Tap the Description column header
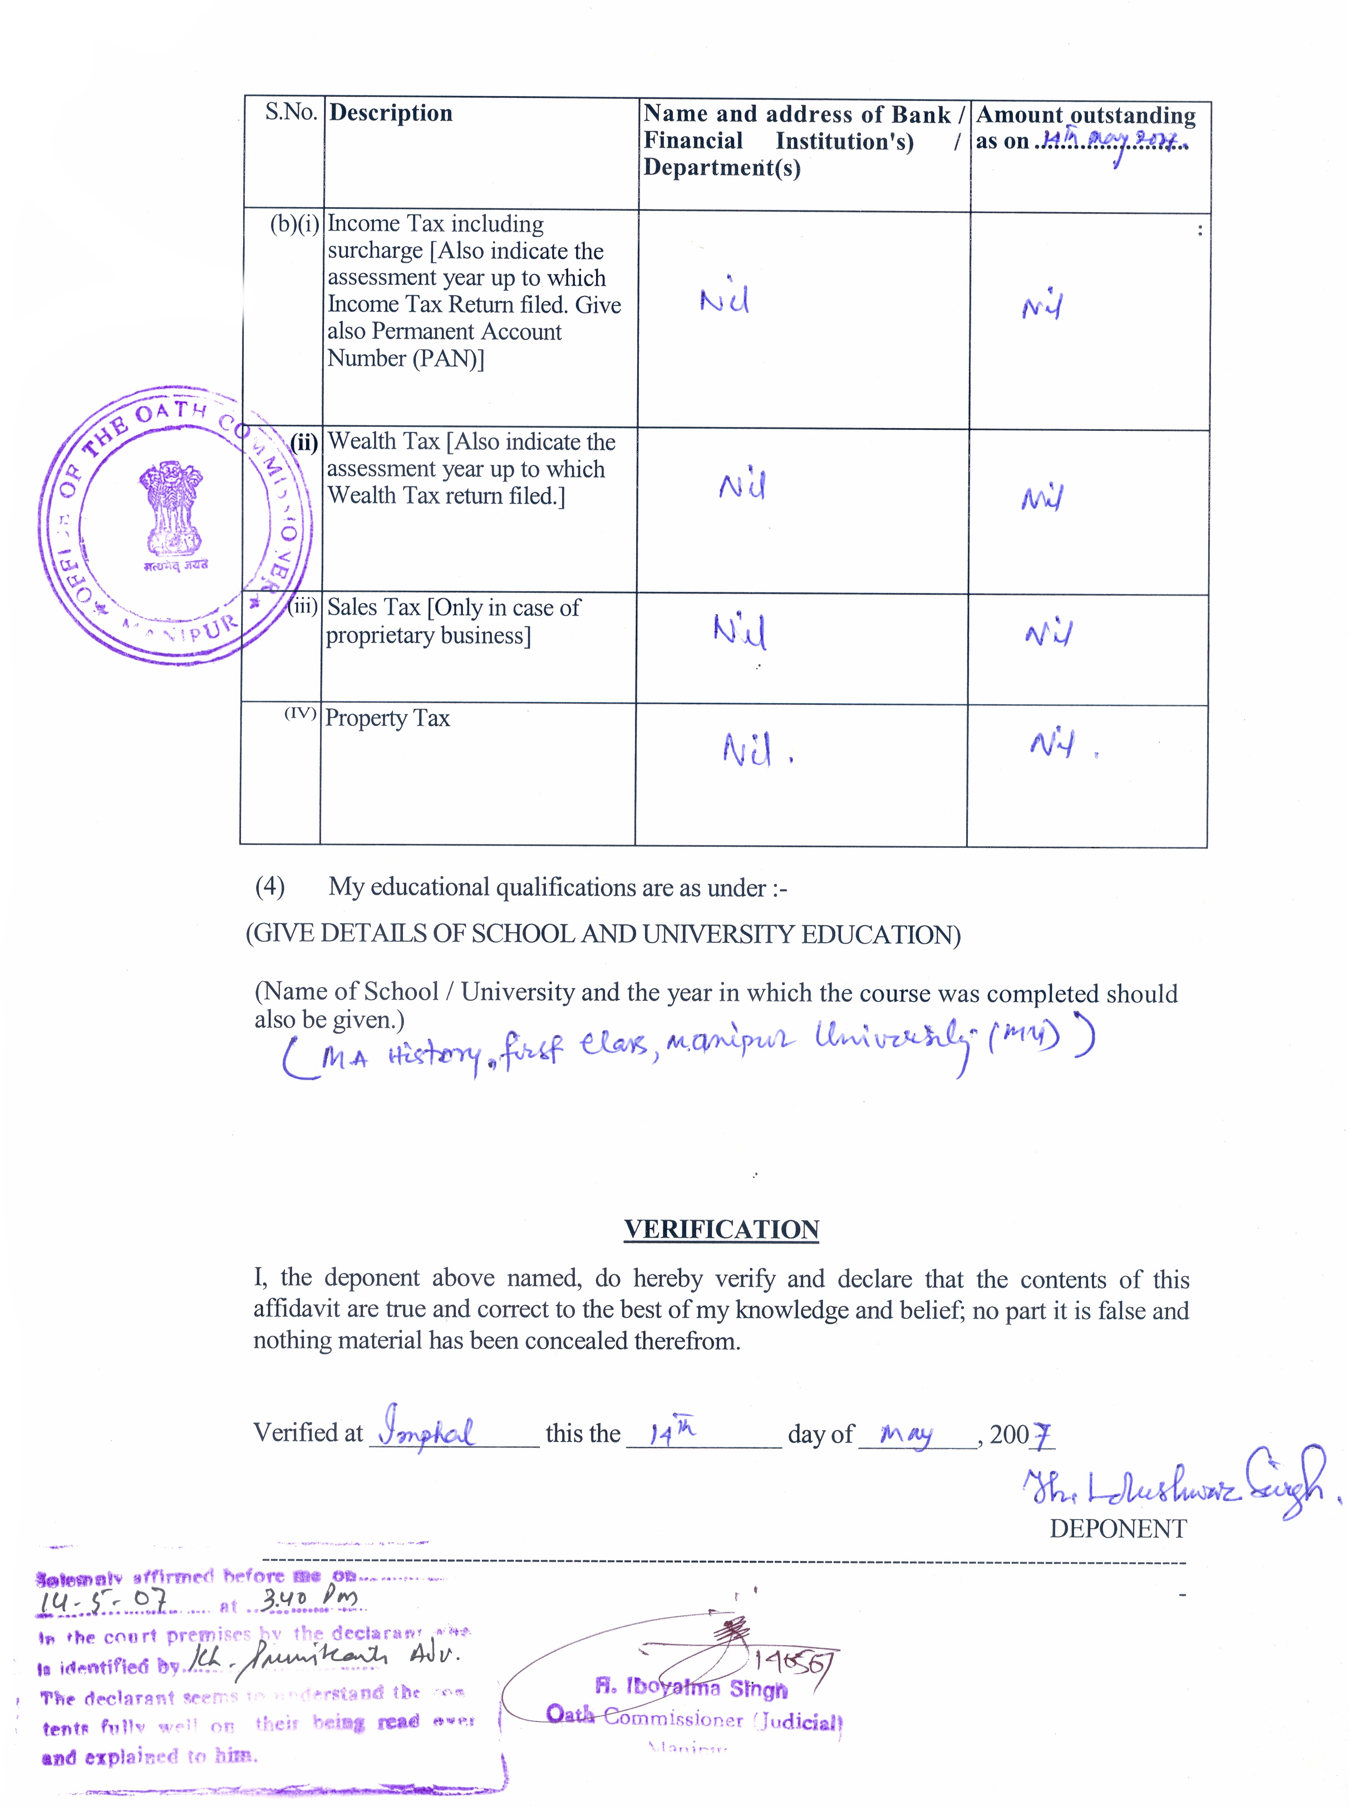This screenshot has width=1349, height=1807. [x=390, y=113]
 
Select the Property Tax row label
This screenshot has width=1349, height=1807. [x=387, y=718]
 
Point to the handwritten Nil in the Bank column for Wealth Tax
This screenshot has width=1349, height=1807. [x=741, y=486]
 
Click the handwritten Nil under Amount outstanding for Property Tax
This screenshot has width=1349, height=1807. [x=1052, y=743]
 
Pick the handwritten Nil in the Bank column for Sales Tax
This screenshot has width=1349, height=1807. [x=739, y=631]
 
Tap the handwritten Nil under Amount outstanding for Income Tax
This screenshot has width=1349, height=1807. [x=1042, y=306]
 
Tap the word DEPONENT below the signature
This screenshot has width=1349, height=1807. [x=1117, y=1529]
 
